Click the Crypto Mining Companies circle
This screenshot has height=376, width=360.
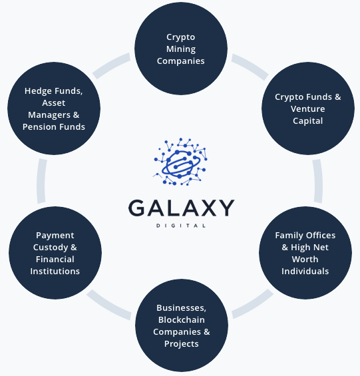click(180, 49)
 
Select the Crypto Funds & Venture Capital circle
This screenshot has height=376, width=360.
click(308, 109)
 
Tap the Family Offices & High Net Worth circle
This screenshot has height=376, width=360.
click(305, 254)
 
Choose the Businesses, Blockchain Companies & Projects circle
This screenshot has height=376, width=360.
click(181, 325)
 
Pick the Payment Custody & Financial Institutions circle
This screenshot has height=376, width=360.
click(55, 254)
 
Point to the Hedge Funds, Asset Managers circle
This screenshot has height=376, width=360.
click(54, 109)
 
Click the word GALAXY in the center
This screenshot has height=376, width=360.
click(181, 208)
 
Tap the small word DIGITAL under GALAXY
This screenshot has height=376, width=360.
click(181, 226)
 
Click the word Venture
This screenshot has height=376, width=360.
click(307, 109)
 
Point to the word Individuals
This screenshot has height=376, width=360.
click(305, 272)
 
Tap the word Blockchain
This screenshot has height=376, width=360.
click(181, 320)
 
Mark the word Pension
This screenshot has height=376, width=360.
click(40, 127)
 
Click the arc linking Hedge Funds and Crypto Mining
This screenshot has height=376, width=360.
click(110, 65)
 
